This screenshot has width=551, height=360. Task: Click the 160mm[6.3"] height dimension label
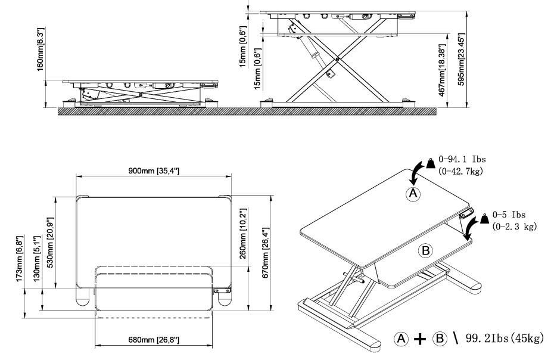click(41, 49)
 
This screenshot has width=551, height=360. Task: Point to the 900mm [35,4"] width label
click(154, 171)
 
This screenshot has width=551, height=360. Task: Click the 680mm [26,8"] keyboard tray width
click(154, 340)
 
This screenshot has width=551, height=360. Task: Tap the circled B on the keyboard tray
click(426, 250)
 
